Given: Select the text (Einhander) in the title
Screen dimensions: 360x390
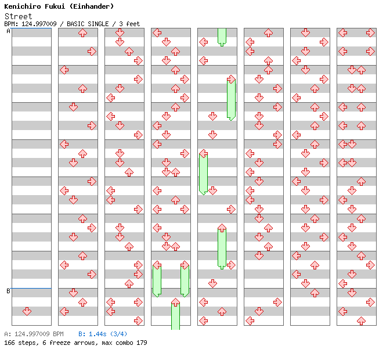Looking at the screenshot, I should coord(93,6).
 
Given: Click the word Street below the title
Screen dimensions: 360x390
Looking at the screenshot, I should coord(18,16).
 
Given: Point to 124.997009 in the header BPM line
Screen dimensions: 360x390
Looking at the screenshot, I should coord(38,24).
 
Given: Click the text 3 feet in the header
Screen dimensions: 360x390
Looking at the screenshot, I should coord(129,24).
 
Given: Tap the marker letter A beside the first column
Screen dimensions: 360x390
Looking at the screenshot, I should coord(8,31).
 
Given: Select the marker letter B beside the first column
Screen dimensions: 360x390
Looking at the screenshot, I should coord(8,291).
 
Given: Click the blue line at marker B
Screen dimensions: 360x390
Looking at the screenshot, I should coord(31,288).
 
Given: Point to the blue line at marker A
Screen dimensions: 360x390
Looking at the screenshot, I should coord(31,28).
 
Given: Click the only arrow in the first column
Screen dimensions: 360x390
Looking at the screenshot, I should coord(27,312).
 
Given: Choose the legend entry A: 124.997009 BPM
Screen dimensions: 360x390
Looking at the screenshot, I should coord(34,334).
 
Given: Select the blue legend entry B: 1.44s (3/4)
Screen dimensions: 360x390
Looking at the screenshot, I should coord(103,334).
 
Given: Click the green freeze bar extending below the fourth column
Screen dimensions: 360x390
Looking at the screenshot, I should coord(175,316).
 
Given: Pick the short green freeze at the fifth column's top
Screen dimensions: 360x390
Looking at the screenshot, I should coord(222,36).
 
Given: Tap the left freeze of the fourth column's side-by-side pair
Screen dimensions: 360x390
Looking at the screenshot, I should coord(157,280).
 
